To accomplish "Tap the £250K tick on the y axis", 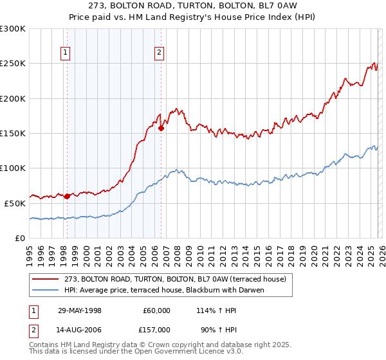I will pos(13,64).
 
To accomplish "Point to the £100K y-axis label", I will pos(13,168).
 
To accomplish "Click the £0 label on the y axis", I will pos(20,238).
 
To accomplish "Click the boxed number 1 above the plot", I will pos(66,53).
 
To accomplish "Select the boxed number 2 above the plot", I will pos(159,53).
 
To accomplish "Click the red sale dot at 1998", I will pos(68,196).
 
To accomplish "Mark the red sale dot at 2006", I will pos(161,128).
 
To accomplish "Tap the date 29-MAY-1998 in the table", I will pos(80,310).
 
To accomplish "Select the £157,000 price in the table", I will pos(156,331).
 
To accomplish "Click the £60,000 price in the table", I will pos(156,310).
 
